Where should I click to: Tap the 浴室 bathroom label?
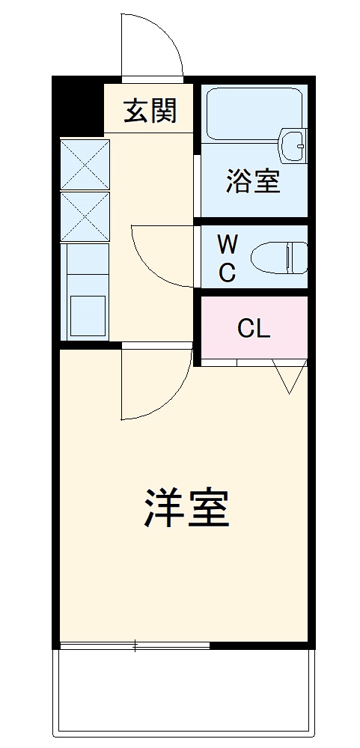pyautogui.click(x=253, y=182)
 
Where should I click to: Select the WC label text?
pyautogui.click(x=228, y=259)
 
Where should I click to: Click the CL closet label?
pyautogui.click(x=254, y=329)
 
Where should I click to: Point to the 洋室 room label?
pyautogui.click(x=186, y=508)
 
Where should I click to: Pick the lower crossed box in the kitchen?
pyautogui.click(x=85, y=216)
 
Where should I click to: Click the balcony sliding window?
pyautogui.click(x=135, y=645)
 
